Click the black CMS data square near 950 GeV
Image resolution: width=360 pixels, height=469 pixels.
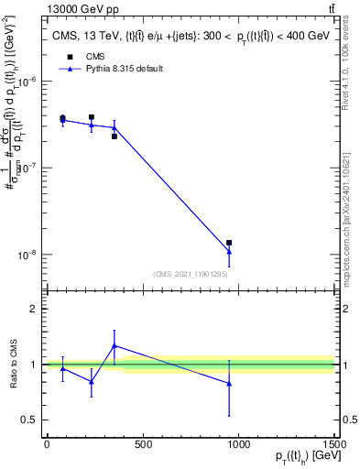click(x=229, y=243)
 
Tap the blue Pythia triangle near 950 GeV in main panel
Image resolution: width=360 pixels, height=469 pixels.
click(x=229, y=252)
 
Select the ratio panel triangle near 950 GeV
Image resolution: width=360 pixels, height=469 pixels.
click(x=229, y=384)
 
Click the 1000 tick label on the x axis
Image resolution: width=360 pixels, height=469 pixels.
click(x=239, y=446)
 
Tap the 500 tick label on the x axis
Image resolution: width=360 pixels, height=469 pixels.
click(x=143, y=446)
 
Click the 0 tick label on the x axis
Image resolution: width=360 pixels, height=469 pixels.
click(x=47, y=446)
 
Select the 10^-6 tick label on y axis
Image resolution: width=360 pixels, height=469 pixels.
click(x=27, y=82)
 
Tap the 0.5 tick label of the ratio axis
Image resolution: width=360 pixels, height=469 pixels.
click(x=30, y=420)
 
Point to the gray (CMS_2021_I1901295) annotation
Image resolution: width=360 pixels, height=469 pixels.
click(x=190, y=274)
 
